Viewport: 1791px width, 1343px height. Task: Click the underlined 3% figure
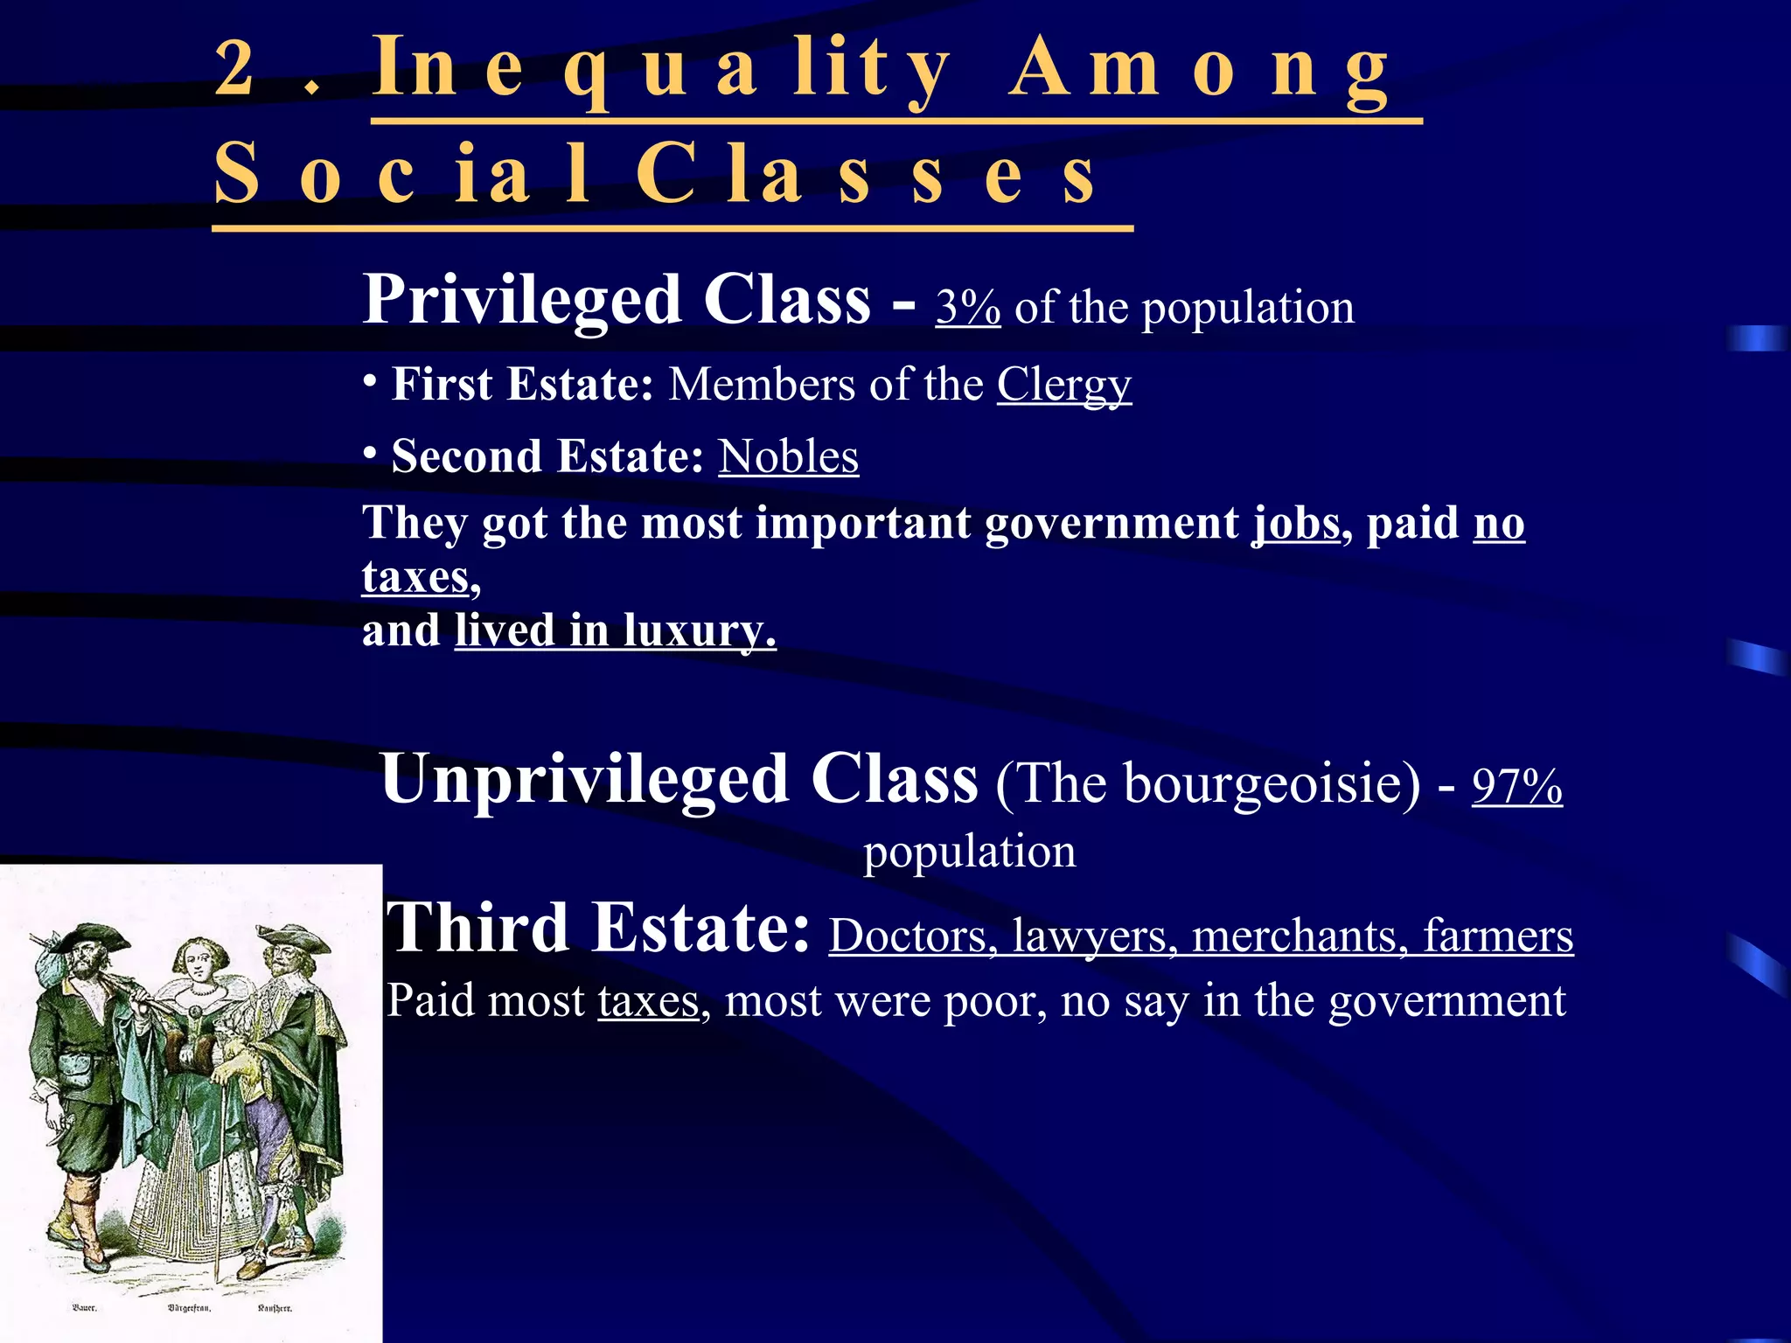[x=967, y=308]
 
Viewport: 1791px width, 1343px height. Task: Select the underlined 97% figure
[x=1516, y=785]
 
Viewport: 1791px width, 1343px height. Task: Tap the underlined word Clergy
[x=1063, y=385]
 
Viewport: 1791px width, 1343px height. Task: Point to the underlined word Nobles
[x=788, y=456]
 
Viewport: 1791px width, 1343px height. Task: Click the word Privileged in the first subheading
[x=521, y=300]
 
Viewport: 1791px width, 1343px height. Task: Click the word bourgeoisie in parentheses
[x=1272, y=783]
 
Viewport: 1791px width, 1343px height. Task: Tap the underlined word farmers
[x=1497, y=936]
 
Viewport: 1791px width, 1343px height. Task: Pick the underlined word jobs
[x=1296, y=525]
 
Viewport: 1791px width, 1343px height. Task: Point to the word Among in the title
[x=1198, y=70]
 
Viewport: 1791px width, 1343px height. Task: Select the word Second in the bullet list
[x=467, y=456]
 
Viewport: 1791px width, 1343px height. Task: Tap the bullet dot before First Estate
[x=371, y=380]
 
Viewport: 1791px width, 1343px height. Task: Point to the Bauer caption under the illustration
[x=84, y=1308]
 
